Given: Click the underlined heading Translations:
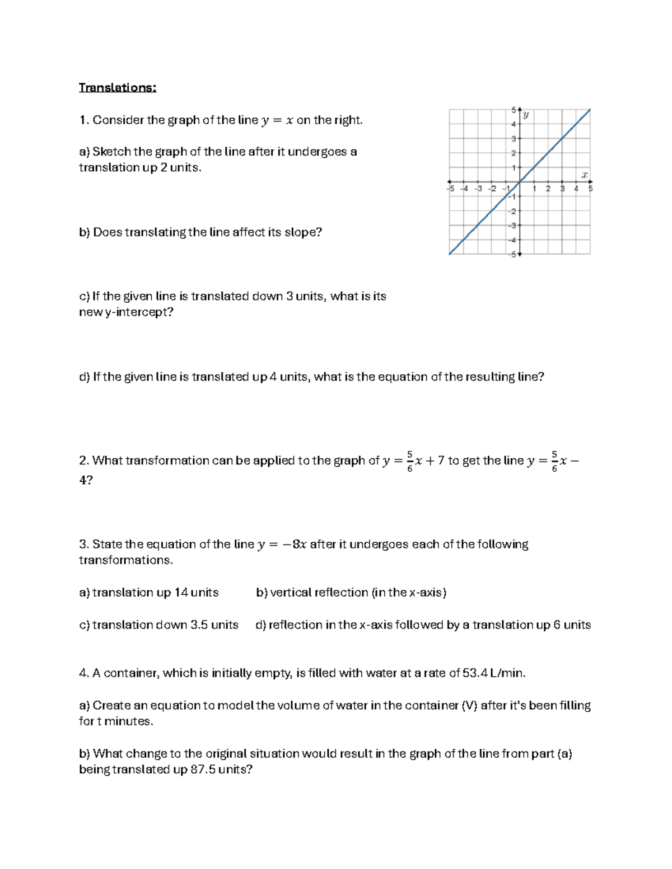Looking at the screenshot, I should pyautogui.click(x=118, y=88).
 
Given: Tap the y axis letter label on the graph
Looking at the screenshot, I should pyautogui.click(x=526, y=115).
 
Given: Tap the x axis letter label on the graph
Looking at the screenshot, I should pyautogui.click(x=584, y=175).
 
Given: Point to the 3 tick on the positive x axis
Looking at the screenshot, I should pyautogui.click(x=562, y=189).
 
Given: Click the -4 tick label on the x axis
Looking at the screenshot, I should pyautogui.click(x=464, y=189).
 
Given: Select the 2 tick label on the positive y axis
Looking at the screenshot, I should pyautogui.click(x=513, y=153).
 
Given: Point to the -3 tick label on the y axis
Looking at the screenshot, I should pyautogui.click(x=512, y=226).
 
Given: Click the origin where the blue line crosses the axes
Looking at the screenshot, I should pyautogui.click(x=520, y=182).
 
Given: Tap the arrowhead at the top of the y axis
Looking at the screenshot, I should pyautogui.click(x=520, y=108).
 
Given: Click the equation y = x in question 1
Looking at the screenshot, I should pyautogui.click(x=277, y=120).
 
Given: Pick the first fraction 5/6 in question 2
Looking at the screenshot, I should pyautogui.click(x=410, y=461).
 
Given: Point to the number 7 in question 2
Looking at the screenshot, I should pyautogui.click(x=441, y=461).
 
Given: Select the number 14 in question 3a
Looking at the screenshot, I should pyautogui.click(x=181, y=593).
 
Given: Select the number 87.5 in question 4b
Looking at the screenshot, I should pyautogui.click(x=203, y=769).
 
